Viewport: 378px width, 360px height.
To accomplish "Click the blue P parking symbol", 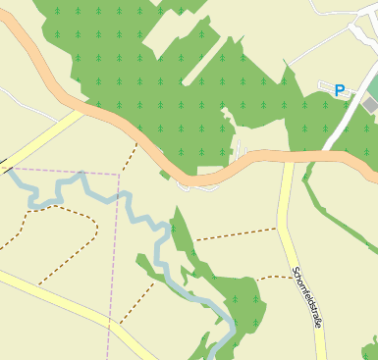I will click(340, 90).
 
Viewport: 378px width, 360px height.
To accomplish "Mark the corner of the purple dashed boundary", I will click(119, 175).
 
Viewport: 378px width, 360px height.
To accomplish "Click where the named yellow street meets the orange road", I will click(287, 157).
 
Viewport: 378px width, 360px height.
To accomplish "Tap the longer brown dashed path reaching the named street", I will click(236, 234).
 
